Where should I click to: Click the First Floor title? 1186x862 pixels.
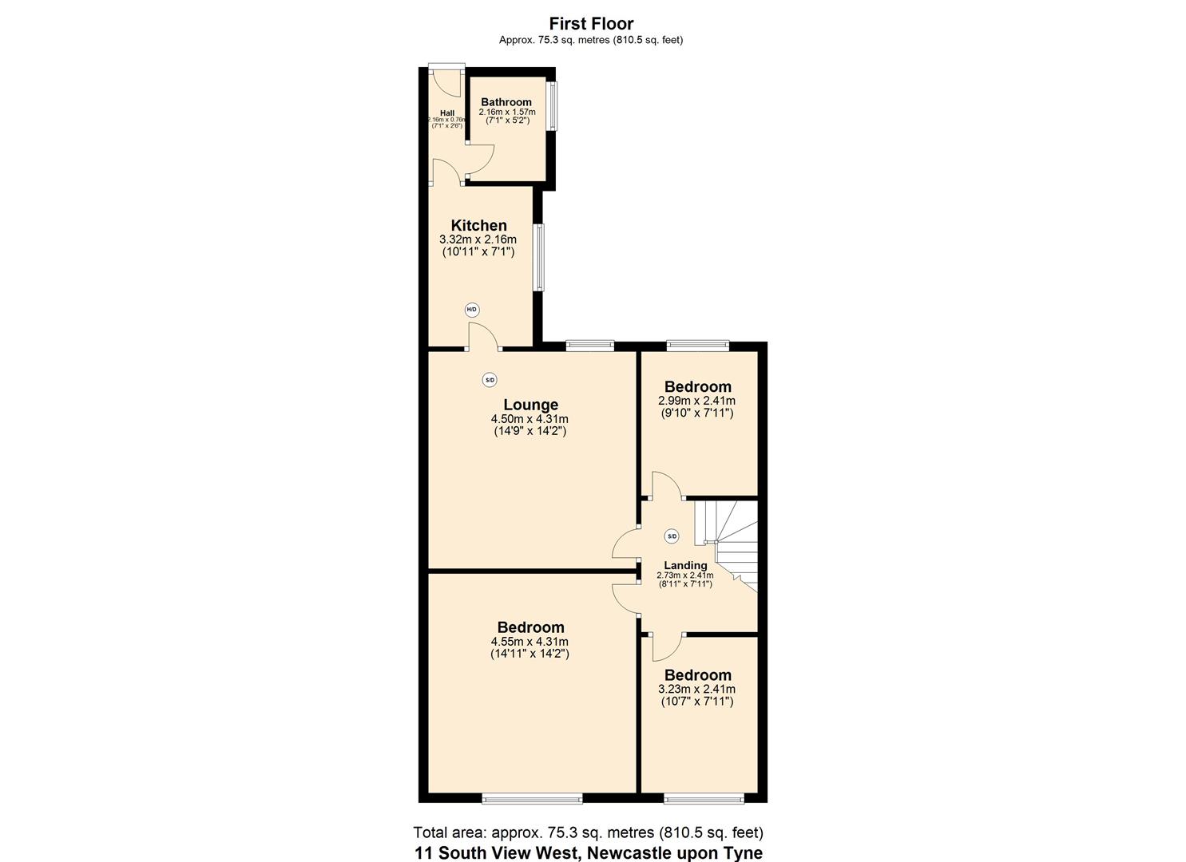(x=591, y=24)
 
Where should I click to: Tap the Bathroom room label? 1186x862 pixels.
(x=506, y=102)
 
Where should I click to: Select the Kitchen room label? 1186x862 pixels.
(x=478, y=225)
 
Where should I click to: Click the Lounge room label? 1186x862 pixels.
(x=530, y=405)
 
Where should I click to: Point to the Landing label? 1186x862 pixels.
(x=685, y=565)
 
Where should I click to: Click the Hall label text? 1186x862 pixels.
(x=446, y=113)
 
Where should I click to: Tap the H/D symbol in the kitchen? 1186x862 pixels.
(x=472, y=310)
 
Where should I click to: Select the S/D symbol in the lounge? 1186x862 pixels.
(x=490, y=380)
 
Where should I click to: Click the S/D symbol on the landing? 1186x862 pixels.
(x=672, y=536)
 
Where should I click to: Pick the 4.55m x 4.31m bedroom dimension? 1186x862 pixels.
(x=530, y=641)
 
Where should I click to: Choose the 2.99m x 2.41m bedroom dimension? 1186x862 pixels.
(x=696, y=401)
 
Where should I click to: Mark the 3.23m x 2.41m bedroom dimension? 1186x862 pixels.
(x=696, y=689)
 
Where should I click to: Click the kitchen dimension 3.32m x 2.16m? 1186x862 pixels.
(x=478, y=239)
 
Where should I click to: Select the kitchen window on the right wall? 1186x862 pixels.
(x=540, y=257)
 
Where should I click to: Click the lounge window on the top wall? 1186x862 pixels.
(x=590, y=346)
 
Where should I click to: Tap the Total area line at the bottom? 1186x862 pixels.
(x=588, y=832)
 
